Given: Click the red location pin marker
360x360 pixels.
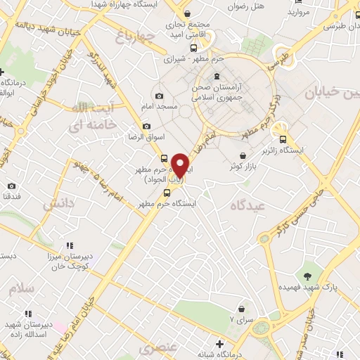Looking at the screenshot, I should pyautogui.click(x=181, y=165).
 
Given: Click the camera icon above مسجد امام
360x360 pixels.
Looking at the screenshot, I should pyautogui.click(x=159, y=96).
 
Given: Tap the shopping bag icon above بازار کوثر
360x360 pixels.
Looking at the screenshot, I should pyautogui.click(x=243, y=156).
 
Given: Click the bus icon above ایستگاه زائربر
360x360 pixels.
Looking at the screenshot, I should pyautogui.click(x=283, y=139).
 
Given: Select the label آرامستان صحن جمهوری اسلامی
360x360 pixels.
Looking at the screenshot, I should pyautogui.click(x=218, y=91).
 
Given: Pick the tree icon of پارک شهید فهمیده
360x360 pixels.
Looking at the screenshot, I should pyautogui.click(x=307, y=275).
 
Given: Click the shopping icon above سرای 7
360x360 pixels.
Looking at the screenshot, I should pyautogui.click(x=243, y=309).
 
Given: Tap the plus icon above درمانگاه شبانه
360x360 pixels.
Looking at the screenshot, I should pyautogui.click(x=220, y=344).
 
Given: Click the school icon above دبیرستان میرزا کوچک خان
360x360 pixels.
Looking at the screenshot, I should pyautogui.click(x=70, y=245).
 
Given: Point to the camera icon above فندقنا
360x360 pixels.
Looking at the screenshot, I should pyautogui.click(x=11, y=186).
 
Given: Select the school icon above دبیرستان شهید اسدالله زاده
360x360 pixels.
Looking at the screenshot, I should pyautogui.click(x=27, y=314).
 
